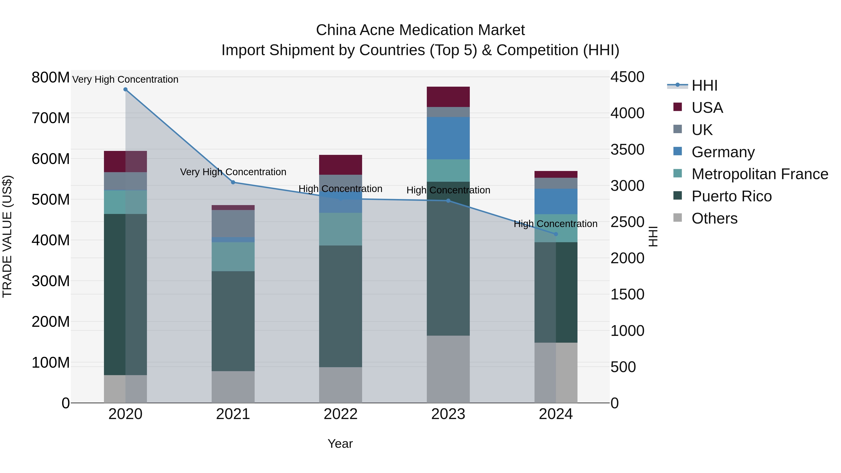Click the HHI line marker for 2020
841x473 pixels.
click(x=125, y=89)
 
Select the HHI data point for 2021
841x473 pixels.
click(x=233, y=182)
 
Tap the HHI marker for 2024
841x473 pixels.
click(x=556, y=234)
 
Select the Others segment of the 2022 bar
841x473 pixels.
click(x=341, y=385)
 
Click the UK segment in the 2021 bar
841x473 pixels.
click(x=233, y=224)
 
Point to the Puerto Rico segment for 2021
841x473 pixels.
click(x=233, y=321)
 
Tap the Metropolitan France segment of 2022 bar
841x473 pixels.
click(x=341, y=229)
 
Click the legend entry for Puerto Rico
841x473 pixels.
click(x=731, y=196)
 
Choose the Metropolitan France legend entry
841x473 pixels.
click(x=759, y=174)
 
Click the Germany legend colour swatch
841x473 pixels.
click(x=677, y=151)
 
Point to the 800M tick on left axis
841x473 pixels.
click(x=50, y=78)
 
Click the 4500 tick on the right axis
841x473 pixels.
click(x=627, y=77)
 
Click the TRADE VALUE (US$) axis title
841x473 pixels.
click(x=7, y=236)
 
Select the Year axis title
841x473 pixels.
click(x=340, y=444)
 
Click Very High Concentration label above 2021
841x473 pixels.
click(x=233, y=172)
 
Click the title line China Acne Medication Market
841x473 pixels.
click(x=420, y=30)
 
